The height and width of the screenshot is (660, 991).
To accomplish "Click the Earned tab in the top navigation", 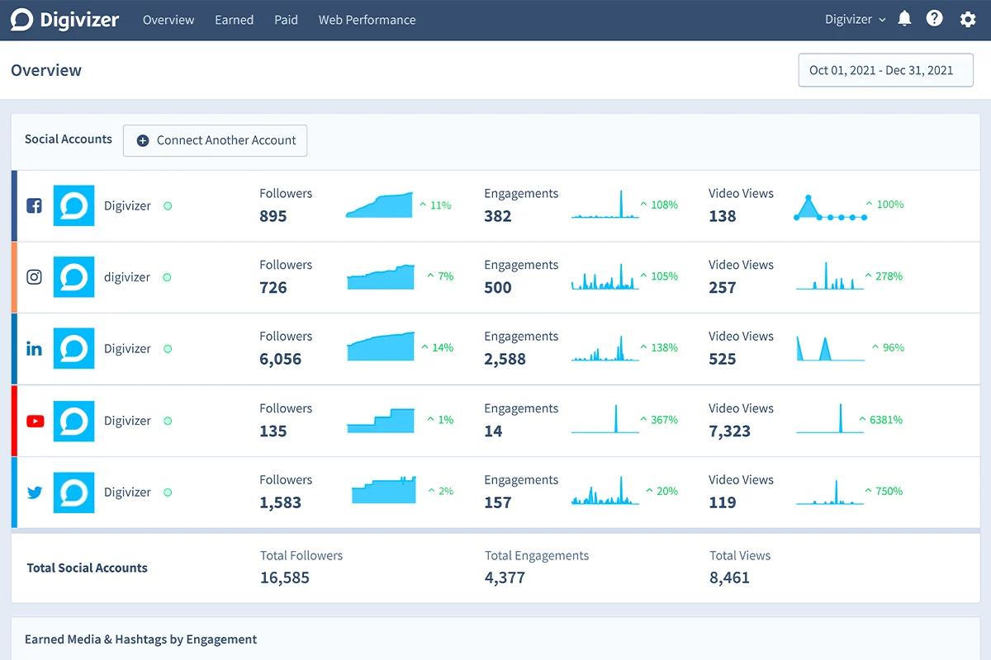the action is [x=234, y=20].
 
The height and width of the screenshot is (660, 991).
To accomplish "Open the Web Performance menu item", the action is [x=367, y=20].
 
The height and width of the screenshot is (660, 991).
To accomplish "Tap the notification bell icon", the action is [x=904, y=19].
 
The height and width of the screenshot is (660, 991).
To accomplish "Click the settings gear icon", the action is [x=968, y=19].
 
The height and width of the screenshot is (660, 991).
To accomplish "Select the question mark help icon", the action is [x=934, y=19].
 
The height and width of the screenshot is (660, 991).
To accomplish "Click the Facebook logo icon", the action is [x=34, y=205].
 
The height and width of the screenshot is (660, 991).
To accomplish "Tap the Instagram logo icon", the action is [x=34, y=277].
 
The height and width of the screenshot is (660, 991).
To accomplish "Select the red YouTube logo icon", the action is [x=35, y=421].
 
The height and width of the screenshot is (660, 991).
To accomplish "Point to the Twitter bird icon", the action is [x=35, y=492].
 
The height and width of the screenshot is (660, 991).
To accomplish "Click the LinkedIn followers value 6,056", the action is [x=280, y=359].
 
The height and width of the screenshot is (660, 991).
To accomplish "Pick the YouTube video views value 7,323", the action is [x=729, y=431].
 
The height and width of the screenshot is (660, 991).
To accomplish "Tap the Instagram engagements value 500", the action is [x=498, y=288].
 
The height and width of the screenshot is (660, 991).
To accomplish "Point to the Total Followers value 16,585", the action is [x=284, y=577].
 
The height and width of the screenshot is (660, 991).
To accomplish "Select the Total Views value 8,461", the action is [x=729, y=577].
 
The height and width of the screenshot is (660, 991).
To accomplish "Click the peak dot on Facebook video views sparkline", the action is [x=808, y=197].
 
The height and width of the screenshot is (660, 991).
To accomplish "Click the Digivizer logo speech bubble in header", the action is [x=21, y=20].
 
